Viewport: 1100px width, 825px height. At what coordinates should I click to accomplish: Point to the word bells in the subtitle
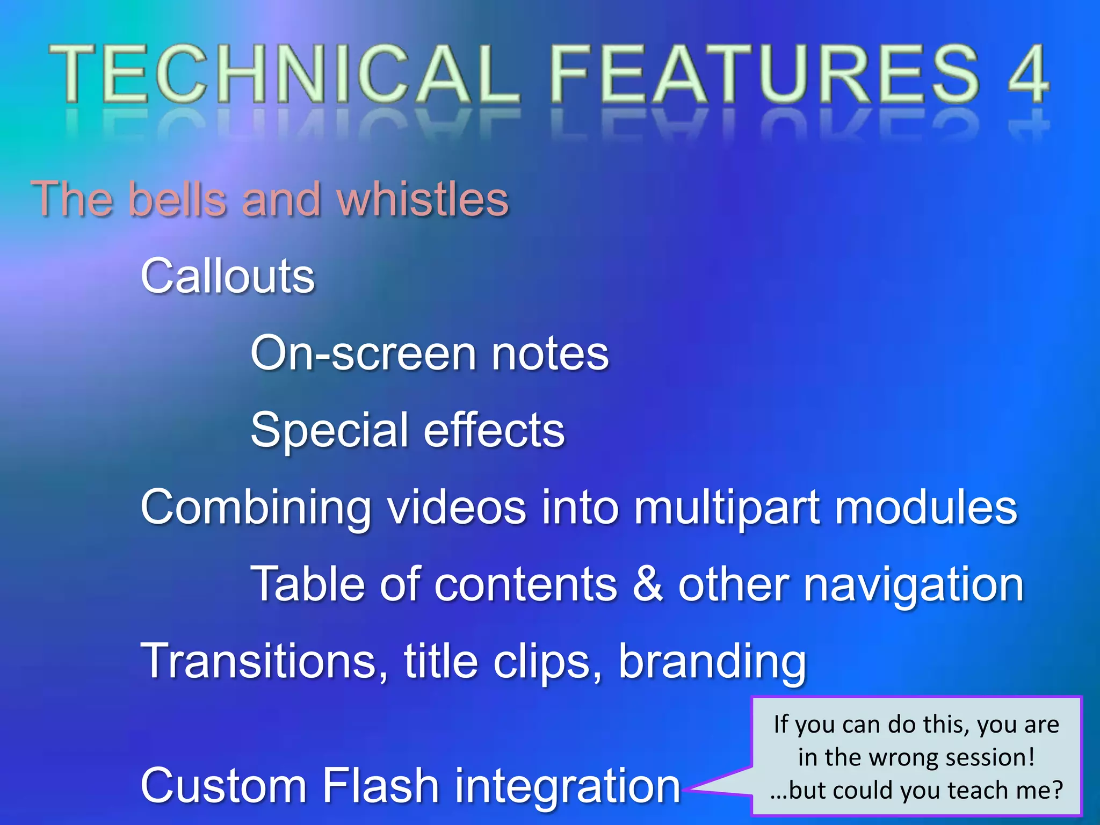pyautogui.click(x=177, y=199)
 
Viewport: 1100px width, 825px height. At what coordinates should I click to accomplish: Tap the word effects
pyautogui.click(x=494, y=430)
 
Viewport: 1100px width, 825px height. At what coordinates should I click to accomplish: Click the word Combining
pyautogui.click(x=256, y=508)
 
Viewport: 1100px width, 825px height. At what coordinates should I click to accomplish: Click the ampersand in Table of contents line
pyautogui.click(x=647, y=584)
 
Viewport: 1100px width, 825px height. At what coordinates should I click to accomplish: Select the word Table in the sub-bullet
pyautogui.click(x=308, y=584)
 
